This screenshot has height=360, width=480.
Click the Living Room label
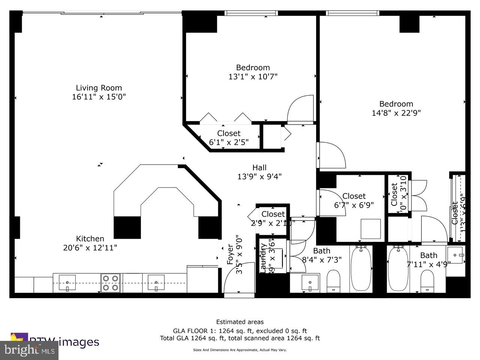point(99,88)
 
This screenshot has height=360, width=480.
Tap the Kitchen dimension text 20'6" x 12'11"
point(90,248)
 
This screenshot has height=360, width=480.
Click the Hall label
point(259,168)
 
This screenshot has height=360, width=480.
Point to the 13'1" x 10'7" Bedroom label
point(253,68)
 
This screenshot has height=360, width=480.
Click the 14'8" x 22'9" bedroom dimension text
point(396,113)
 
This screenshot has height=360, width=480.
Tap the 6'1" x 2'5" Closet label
point(229,133)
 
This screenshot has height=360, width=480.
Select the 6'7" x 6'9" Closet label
point(354,196)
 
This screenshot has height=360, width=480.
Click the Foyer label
point(230,254)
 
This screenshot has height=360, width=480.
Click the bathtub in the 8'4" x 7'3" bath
point(361,268)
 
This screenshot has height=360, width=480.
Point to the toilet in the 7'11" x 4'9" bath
point(427,281)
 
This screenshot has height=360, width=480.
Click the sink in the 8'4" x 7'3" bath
point(310,282)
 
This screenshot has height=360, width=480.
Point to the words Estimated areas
point(240,322)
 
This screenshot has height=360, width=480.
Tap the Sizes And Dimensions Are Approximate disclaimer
point(240,350)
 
